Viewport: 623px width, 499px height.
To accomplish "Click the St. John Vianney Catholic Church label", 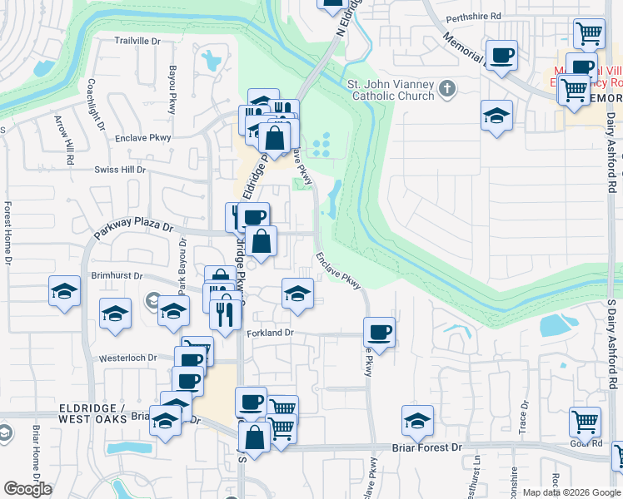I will pyautogui.click(x=391, y=90).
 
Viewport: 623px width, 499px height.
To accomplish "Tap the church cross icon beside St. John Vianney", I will pyautogui.click(x=447, y=87).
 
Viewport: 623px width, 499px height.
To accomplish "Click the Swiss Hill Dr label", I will pyautogui.click(x=118, y=169).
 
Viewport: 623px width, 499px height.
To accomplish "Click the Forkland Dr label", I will pyautogui.click(x=271, y=333).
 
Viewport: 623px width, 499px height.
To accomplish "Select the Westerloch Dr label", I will pyautogui.click(x=128, y=358).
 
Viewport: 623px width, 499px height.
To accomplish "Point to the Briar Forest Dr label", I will pyautogui.click(x=426, y=447).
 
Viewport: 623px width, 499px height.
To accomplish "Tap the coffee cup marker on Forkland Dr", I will pyautogui.click(x=379, y=333).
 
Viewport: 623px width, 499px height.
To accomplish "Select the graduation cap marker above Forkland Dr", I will pyautogui.click(x=297, y=293).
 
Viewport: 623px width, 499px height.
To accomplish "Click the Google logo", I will pyautogui.click(x=27, y=490).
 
